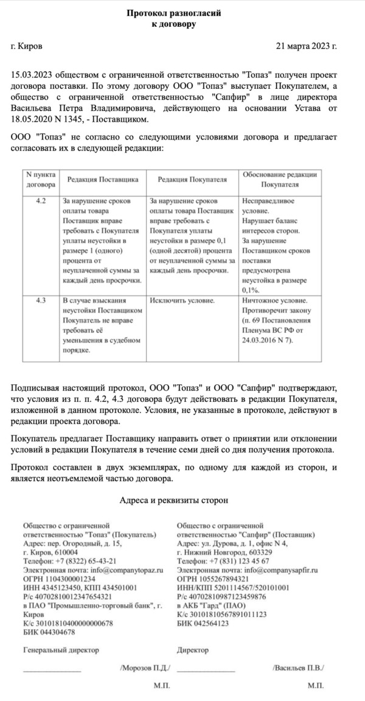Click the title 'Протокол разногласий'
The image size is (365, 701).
coord(173,13)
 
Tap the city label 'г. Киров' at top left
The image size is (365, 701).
coord(27,46)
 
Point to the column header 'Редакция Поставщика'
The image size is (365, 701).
coord(103,180)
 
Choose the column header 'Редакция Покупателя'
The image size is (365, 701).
coord(192,180)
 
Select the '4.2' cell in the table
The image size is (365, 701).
coord(41,200)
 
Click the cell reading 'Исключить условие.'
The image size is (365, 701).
coord(181,301)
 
